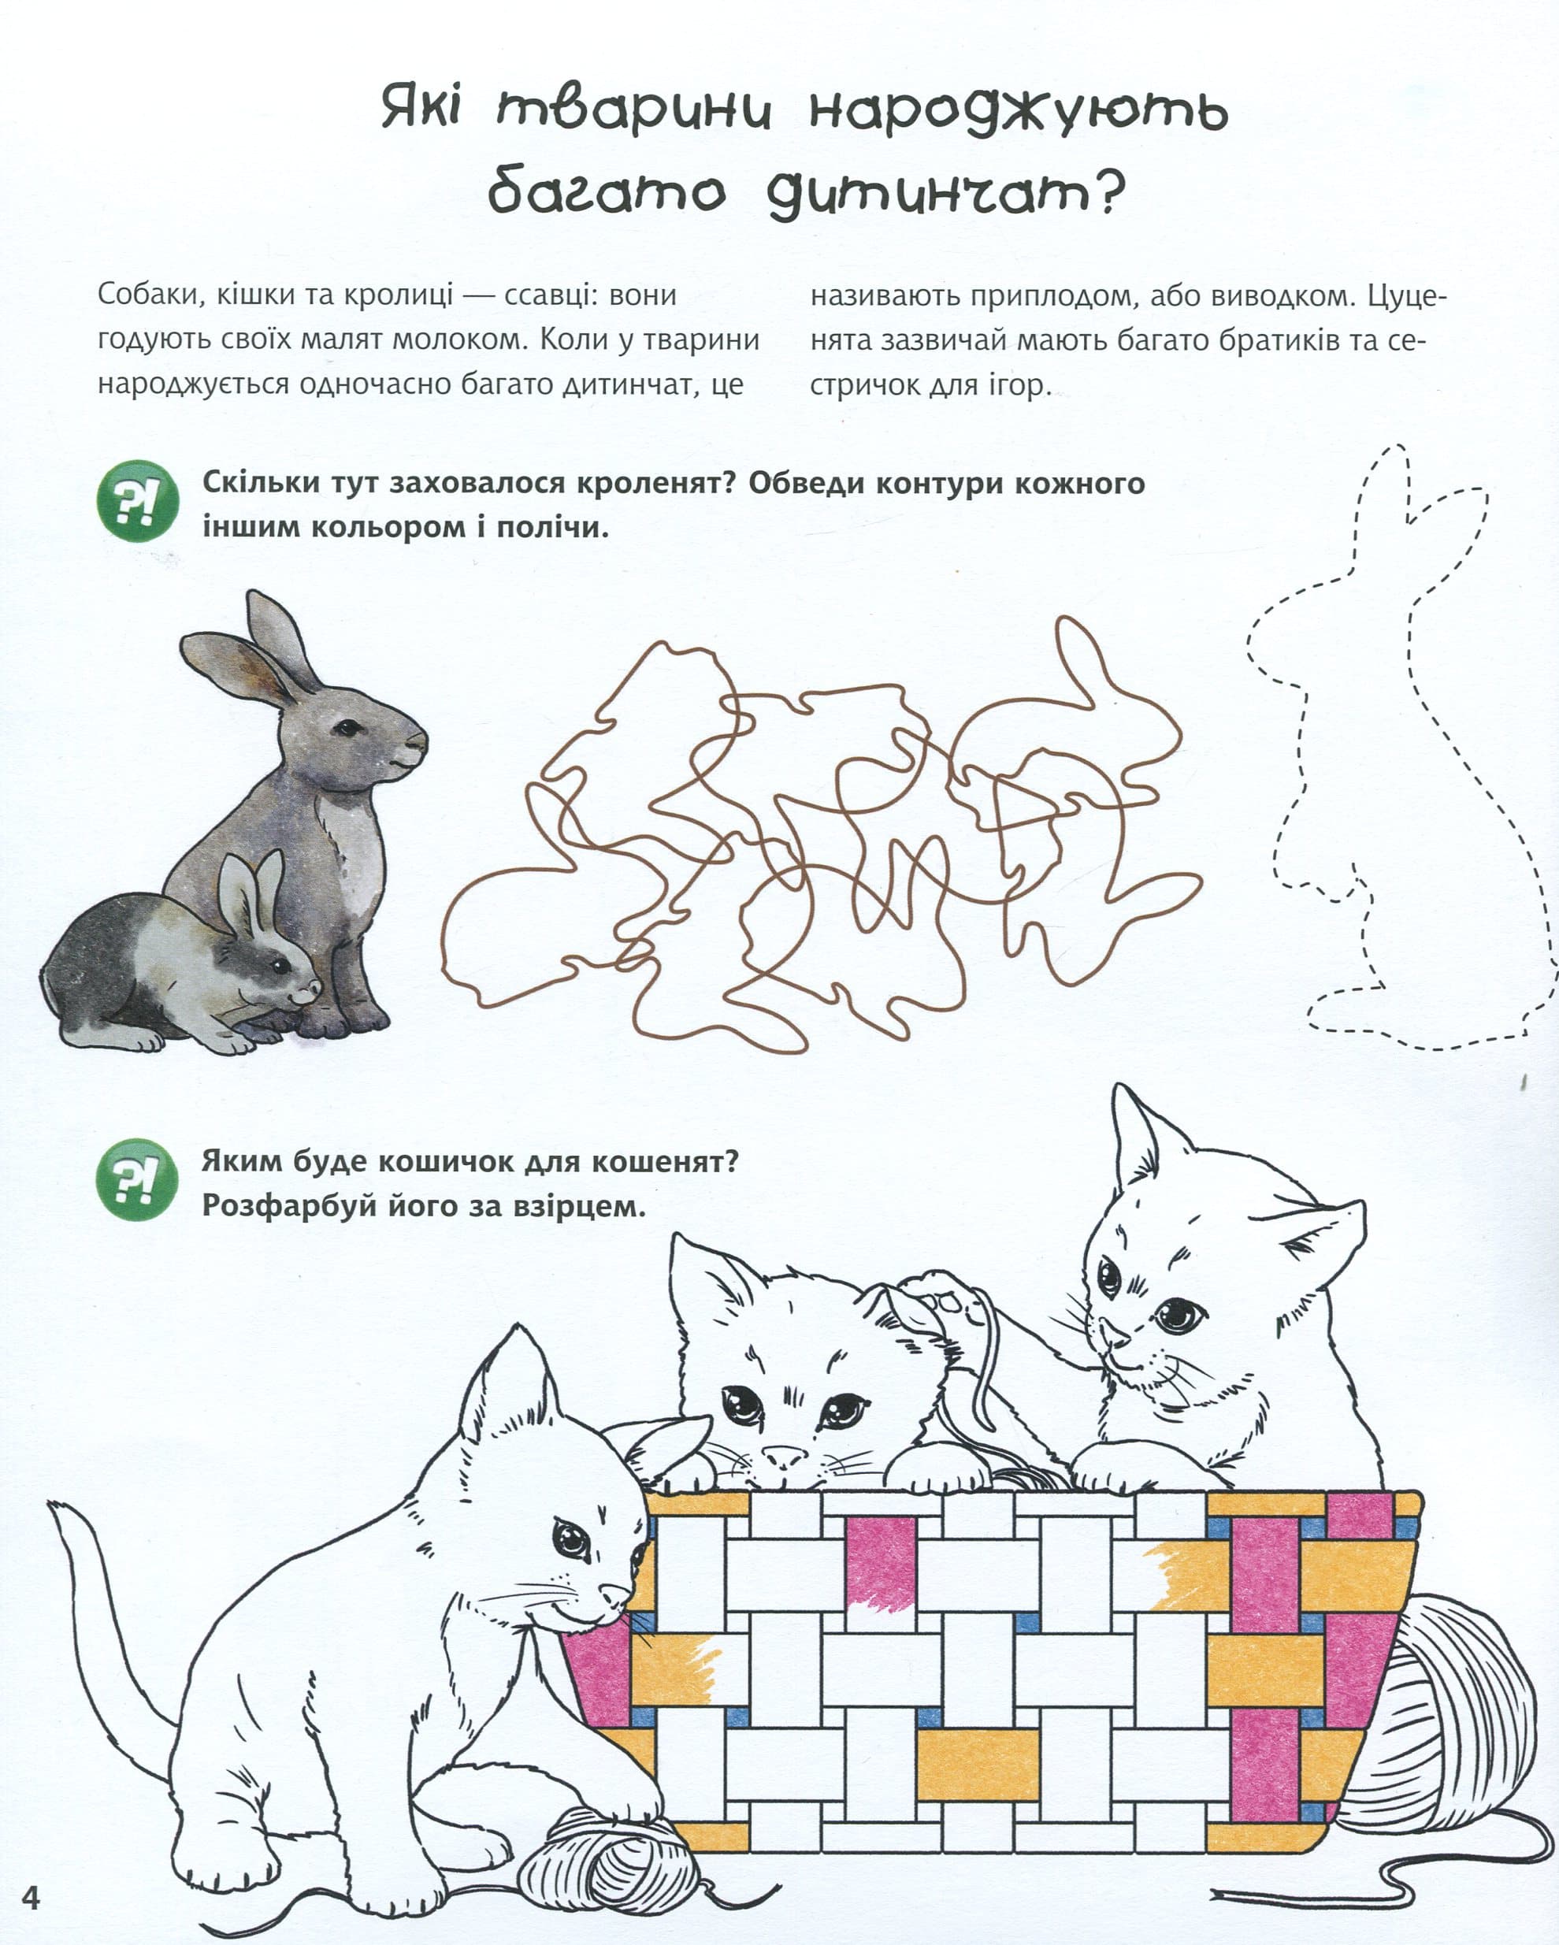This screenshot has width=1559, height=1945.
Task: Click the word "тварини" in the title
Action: (x=635, y=112)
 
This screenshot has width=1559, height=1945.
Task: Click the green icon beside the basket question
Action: (x=138, y=1180)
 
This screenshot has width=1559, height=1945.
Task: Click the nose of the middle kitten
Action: (x=784, y=1456)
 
